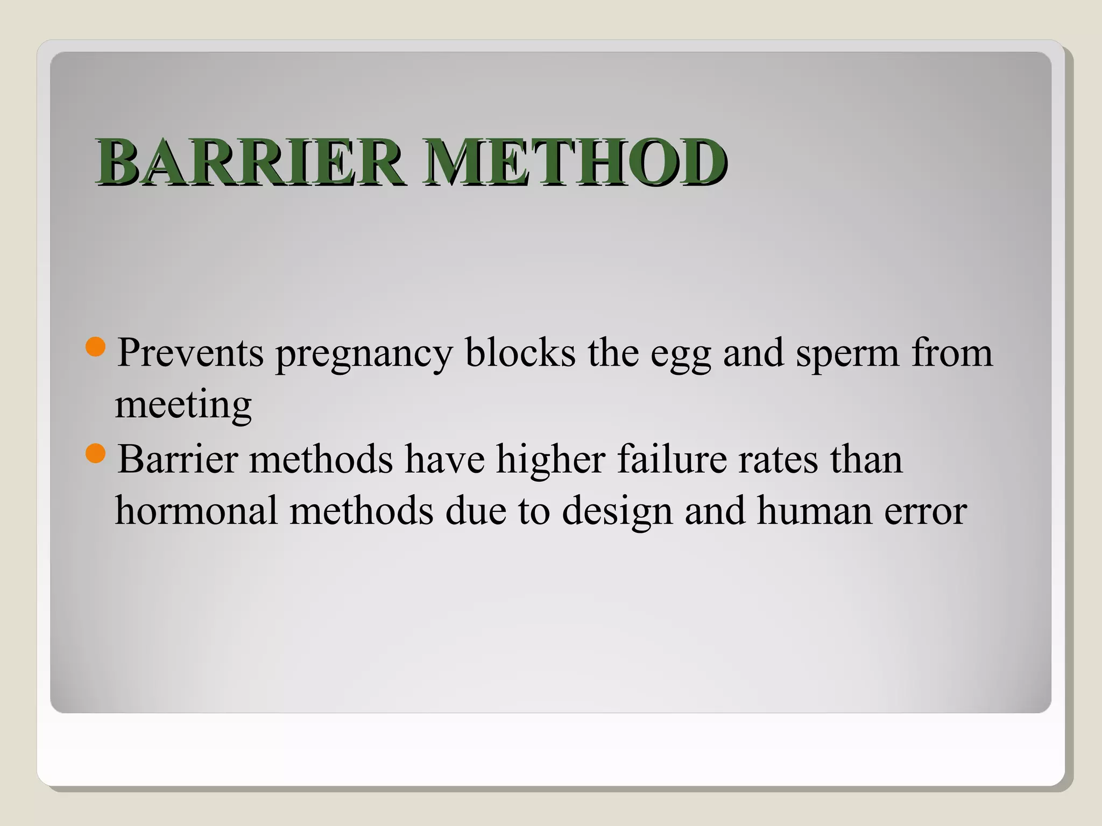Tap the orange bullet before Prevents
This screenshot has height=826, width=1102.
click(x=96, y=347)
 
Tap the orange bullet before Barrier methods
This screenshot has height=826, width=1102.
click(x=96, y=453)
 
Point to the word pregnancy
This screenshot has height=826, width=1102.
click(x=364, y=355)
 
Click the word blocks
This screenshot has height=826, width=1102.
click(x=520, y=353)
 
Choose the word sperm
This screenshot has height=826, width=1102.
click(x=847, y=355)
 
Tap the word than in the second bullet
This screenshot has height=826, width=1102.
click(x=866, y=459)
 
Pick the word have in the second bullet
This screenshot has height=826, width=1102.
click(x=444, y=459)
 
